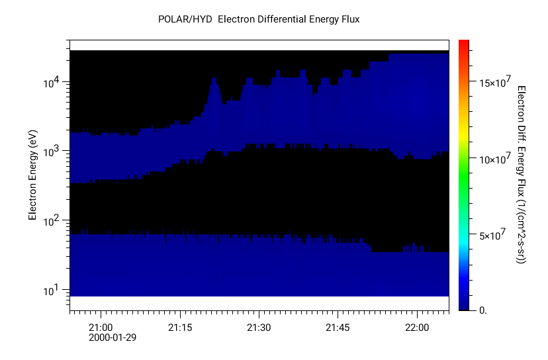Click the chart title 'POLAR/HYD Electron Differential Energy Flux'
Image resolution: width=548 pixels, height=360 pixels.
(259, 19)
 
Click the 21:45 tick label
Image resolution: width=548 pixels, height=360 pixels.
(338, 328)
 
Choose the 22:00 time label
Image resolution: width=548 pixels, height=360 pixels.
(418, 328)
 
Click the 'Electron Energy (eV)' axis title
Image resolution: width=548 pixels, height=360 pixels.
(32, 175)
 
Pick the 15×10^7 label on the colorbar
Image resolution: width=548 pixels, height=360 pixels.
(493, 82)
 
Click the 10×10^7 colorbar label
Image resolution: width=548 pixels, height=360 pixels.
(493, 159)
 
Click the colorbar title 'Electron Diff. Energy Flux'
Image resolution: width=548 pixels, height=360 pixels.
(522, 175)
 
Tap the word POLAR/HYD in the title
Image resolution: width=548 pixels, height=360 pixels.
(185, 19)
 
